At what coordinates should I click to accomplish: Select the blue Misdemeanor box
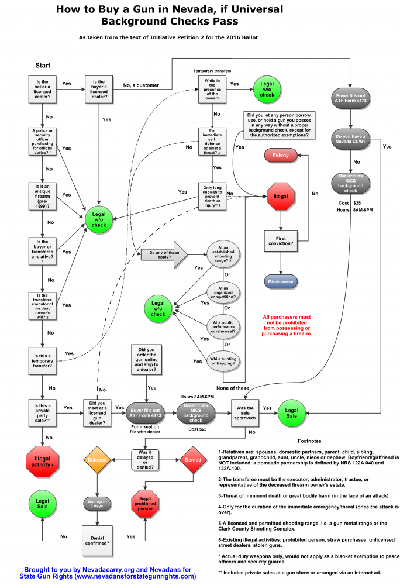281,281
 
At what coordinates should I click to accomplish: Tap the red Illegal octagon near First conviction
281,196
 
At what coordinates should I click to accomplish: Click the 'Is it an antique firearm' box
42,195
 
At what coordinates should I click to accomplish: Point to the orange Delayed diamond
97,460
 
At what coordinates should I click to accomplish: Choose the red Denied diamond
194,460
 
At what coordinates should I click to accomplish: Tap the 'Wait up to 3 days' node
97,503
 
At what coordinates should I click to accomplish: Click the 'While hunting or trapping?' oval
223,359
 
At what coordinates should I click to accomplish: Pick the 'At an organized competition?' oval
223,291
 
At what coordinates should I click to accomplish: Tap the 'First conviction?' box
281,240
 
